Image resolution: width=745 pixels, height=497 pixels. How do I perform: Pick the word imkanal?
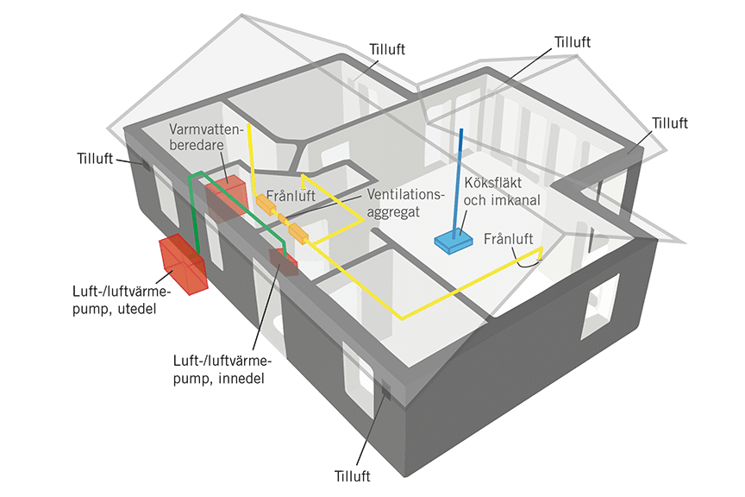(511, 201)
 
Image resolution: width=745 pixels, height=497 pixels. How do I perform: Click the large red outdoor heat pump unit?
(182, 263)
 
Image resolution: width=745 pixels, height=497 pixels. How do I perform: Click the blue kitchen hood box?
(452, 243)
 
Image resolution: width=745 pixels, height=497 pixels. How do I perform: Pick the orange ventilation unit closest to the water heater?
(263, 203)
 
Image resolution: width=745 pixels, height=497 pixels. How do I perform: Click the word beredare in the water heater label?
(196, 146)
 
